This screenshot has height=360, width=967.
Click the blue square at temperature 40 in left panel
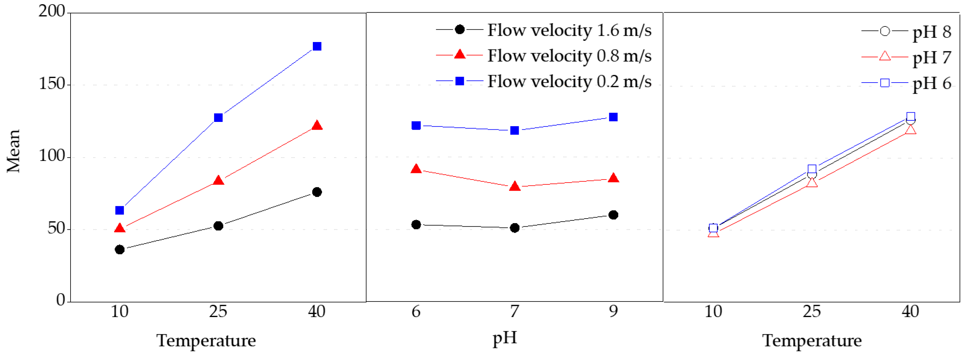point(317,46)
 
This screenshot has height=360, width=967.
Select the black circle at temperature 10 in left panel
point(120,250)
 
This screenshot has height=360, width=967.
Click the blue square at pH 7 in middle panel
point(515,130)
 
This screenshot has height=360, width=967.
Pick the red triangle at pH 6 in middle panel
point(416,169)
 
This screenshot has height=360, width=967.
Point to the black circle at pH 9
point(613,215)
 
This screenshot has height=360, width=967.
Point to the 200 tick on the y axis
point(52,11)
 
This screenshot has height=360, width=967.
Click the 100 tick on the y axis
point(52,156)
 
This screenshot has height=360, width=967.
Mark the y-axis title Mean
point(14,151)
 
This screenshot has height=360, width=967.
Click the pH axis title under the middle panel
point(505,338)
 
